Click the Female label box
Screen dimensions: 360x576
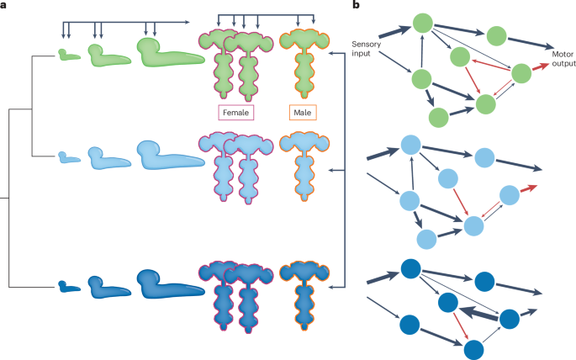point(236,112)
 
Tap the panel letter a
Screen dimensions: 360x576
point(4,6)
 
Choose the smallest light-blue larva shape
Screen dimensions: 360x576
point(67,156)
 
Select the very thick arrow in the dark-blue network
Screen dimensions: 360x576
point(479,312)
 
